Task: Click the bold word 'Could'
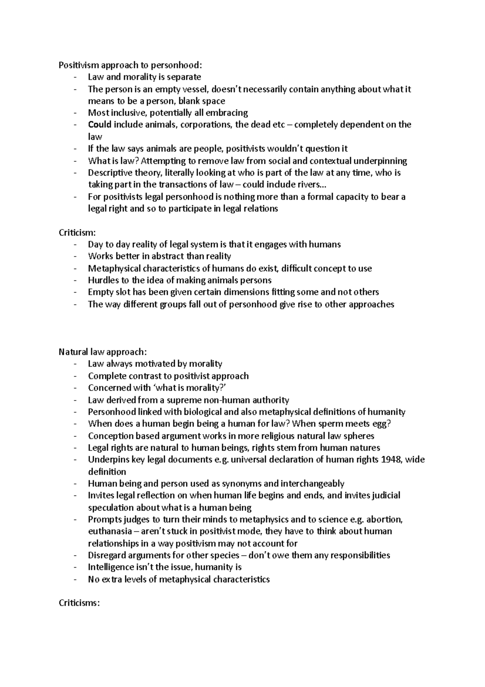pyautogui.click(x=99, y=125)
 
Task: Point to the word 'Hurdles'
pyautogui.click(x=102, y=280)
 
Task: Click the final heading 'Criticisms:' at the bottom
pyautogui.click(x=79, y=603)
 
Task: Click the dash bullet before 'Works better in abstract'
pyautogui.click(x=75, y=257)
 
